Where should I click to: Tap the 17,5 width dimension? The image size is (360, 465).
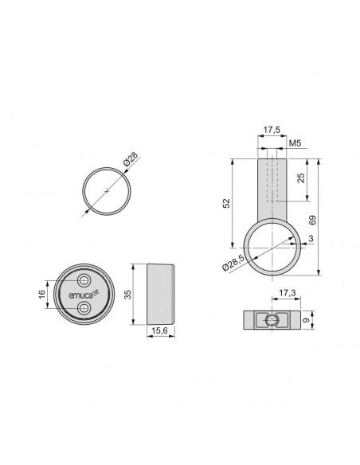click(x=271, y=128)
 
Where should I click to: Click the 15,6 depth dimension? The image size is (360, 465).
click(x=159, y=331)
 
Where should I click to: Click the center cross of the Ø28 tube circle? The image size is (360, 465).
click(x=106, y=191)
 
